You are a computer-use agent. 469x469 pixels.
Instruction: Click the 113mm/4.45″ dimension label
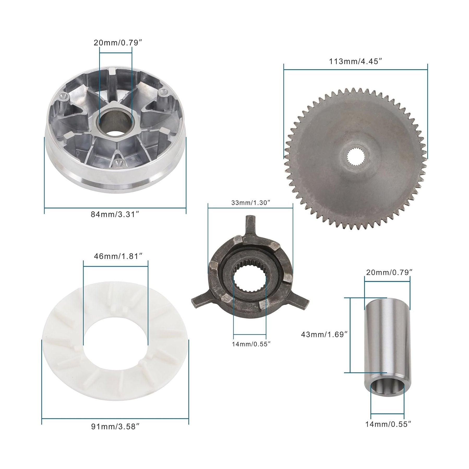pyautogui.click(x=356, y=62)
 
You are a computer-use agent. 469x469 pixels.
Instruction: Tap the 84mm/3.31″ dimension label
pyautogui.click(x=115, y=215)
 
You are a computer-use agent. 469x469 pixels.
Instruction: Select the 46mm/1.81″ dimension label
pyautogui.click(x=118, y=256)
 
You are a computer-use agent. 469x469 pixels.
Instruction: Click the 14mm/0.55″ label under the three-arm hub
pyautogui.click(x=251, y=344)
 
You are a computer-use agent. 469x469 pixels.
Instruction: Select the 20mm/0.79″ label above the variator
pyautogui.click(x=116, y=43)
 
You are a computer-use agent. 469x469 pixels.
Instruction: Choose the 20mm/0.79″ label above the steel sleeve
pyautogui.click(x=389, y=273)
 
